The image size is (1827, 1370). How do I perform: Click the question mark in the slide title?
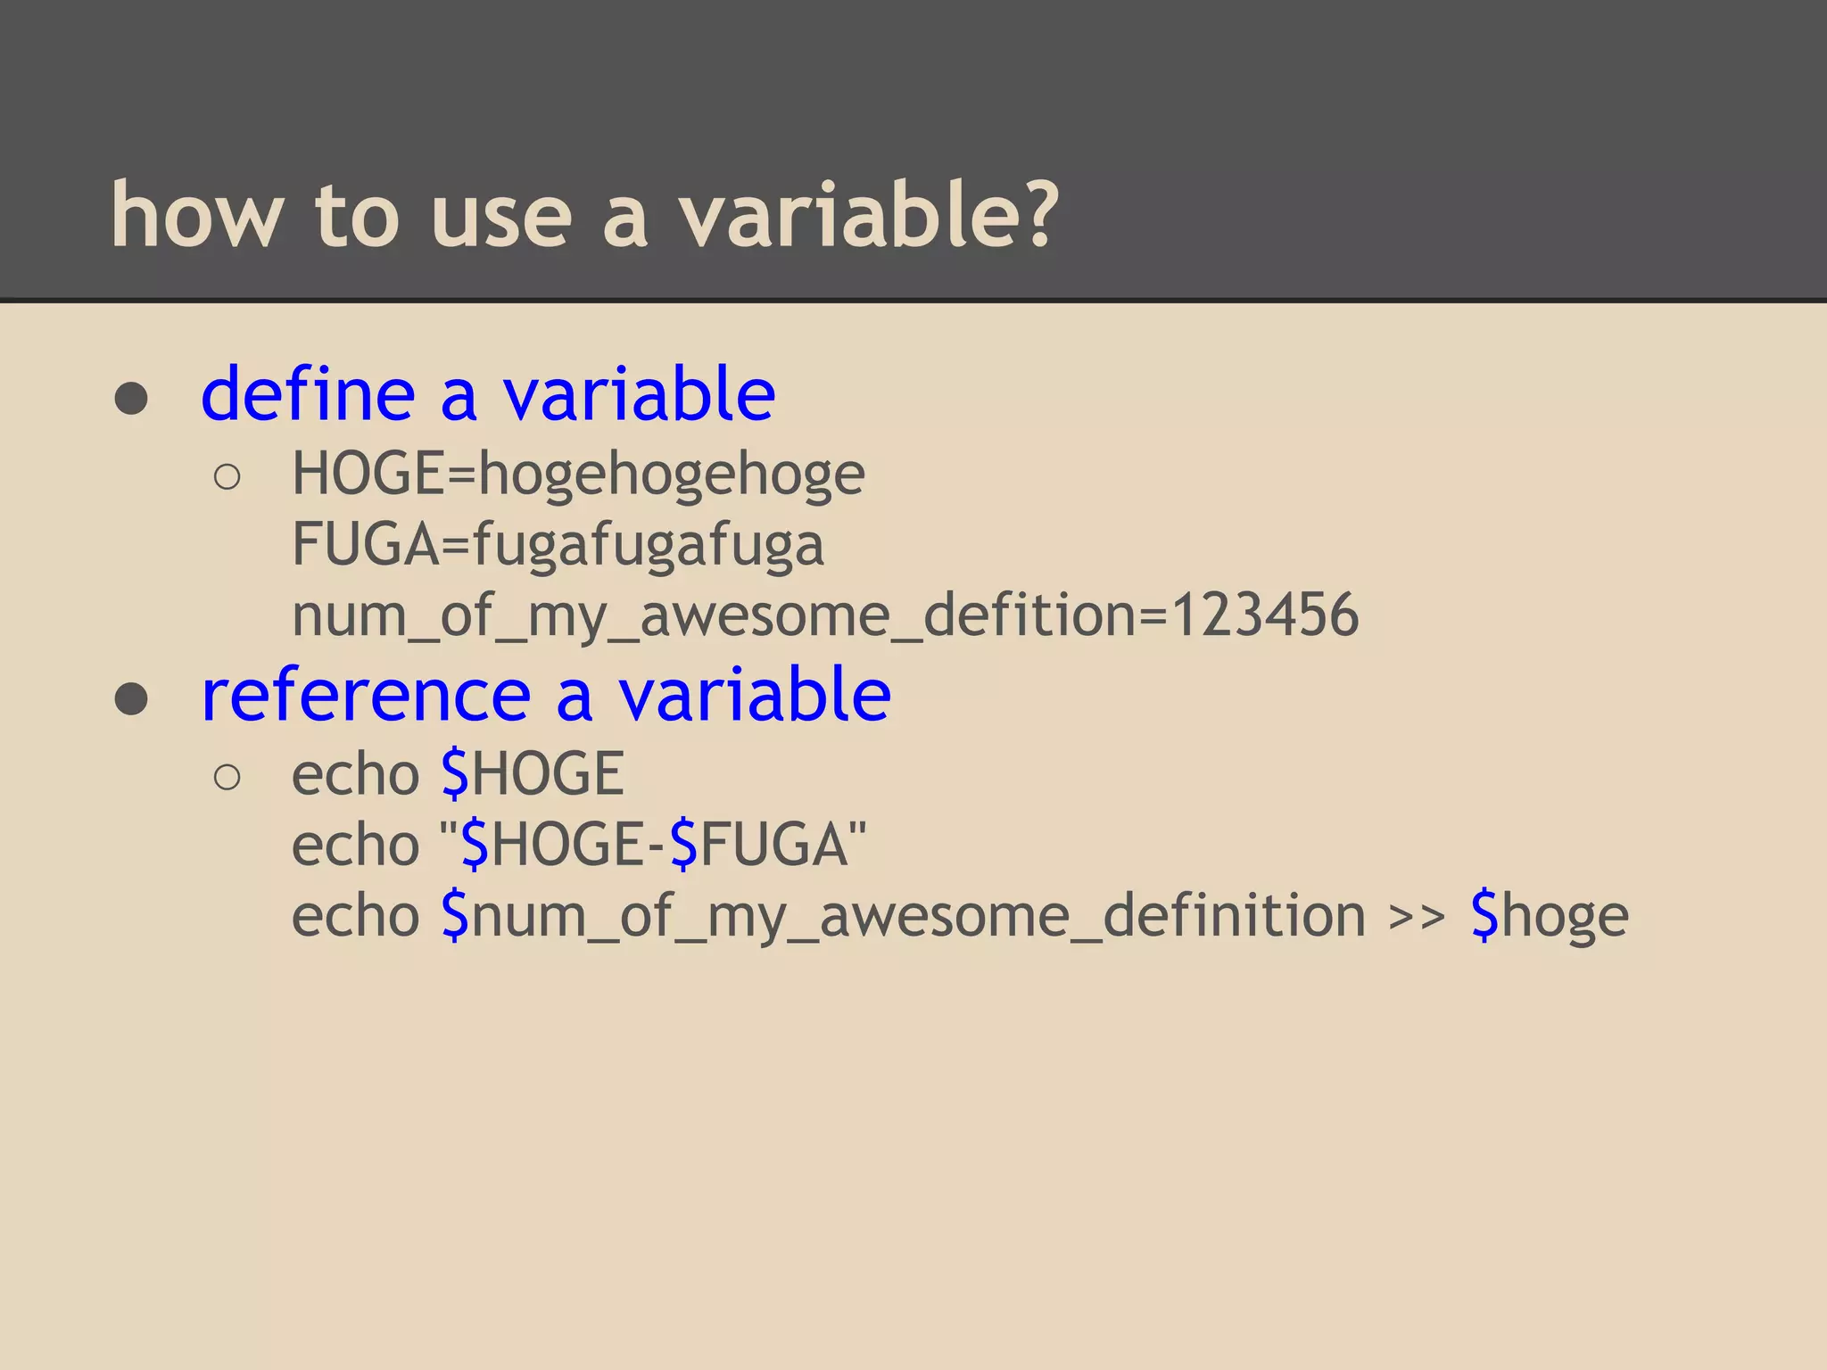tap(1036, 214)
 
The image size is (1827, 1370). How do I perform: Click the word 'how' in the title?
tap(196, 214)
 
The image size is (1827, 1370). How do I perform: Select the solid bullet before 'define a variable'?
tap(131, 399)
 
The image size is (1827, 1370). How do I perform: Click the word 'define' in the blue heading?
tap(309, 394)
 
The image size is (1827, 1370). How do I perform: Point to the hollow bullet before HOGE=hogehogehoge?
tap(227, 477)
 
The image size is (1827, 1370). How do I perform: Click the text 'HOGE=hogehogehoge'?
tap(578, 475)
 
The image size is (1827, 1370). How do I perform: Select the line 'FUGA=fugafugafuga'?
tap(558, 545)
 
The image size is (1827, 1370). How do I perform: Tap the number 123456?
tap(1265, 615)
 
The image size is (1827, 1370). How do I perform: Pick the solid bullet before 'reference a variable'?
tap(131, 699)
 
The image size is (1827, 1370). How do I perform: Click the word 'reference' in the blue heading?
tap(367, 695)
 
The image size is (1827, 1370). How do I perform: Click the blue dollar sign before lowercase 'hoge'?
tap(1484, 915)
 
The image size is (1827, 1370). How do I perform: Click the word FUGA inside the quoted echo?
tap(773, 845)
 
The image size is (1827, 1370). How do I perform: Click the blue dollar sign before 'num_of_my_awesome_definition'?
tap(455, 915)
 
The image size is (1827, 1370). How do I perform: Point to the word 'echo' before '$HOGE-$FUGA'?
tap(355, 845)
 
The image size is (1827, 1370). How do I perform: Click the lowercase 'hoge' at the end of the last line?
tap(1565, 917)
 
